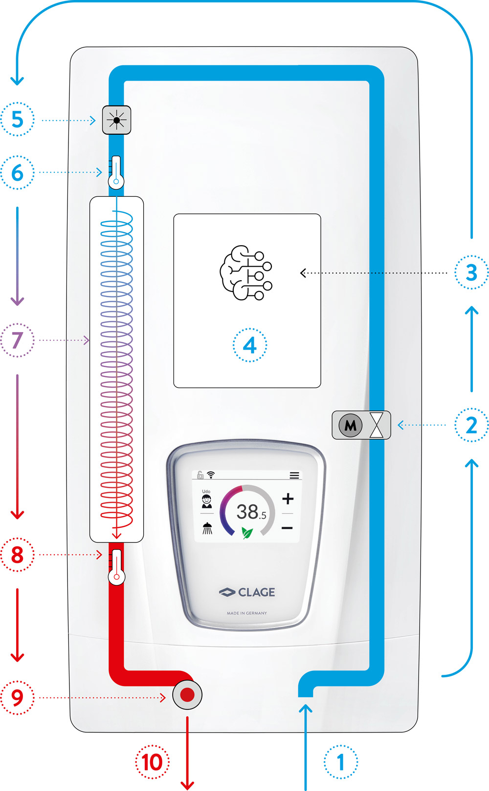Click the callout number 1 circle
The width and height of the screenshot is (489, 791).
coord(340,762)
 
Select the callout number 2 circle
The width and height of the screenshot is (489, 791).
coord(471,425)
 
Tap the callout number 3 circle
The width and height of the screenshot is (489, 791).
coord(471,272)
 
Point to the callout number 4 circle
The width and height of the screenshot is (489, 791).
coord(249,345)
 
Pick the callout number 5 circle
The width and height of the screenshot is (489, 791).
coord(17,119)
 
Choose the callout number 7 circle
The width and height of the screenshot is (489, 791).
coord(17,340)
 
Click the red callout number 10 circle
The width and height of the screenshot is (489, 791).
coord(152,762)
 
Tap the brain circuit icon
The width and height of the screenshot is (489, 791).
coord(246,272)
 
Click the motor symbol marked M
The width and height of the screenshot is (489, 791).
coord(351,425)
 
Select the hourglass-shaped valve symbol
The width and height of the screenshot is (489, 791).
coord(377,425)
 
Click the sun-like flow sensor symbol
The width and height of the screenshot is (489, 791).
coord(117,120)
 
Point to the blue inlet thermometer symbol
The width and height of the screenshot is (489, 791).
coord(115,172)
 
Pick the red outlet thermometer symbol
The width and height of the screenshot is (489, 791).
coord(116,567)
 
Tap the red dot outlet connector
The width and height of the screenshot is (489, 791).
coord(187,695)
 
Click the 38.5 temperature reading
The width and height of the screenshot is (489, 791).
coord(251,512)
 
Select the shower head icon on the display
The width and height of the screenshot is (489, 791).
coord(207,529)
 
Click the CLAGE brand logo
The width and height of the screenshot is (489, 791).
coord(247,592)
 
